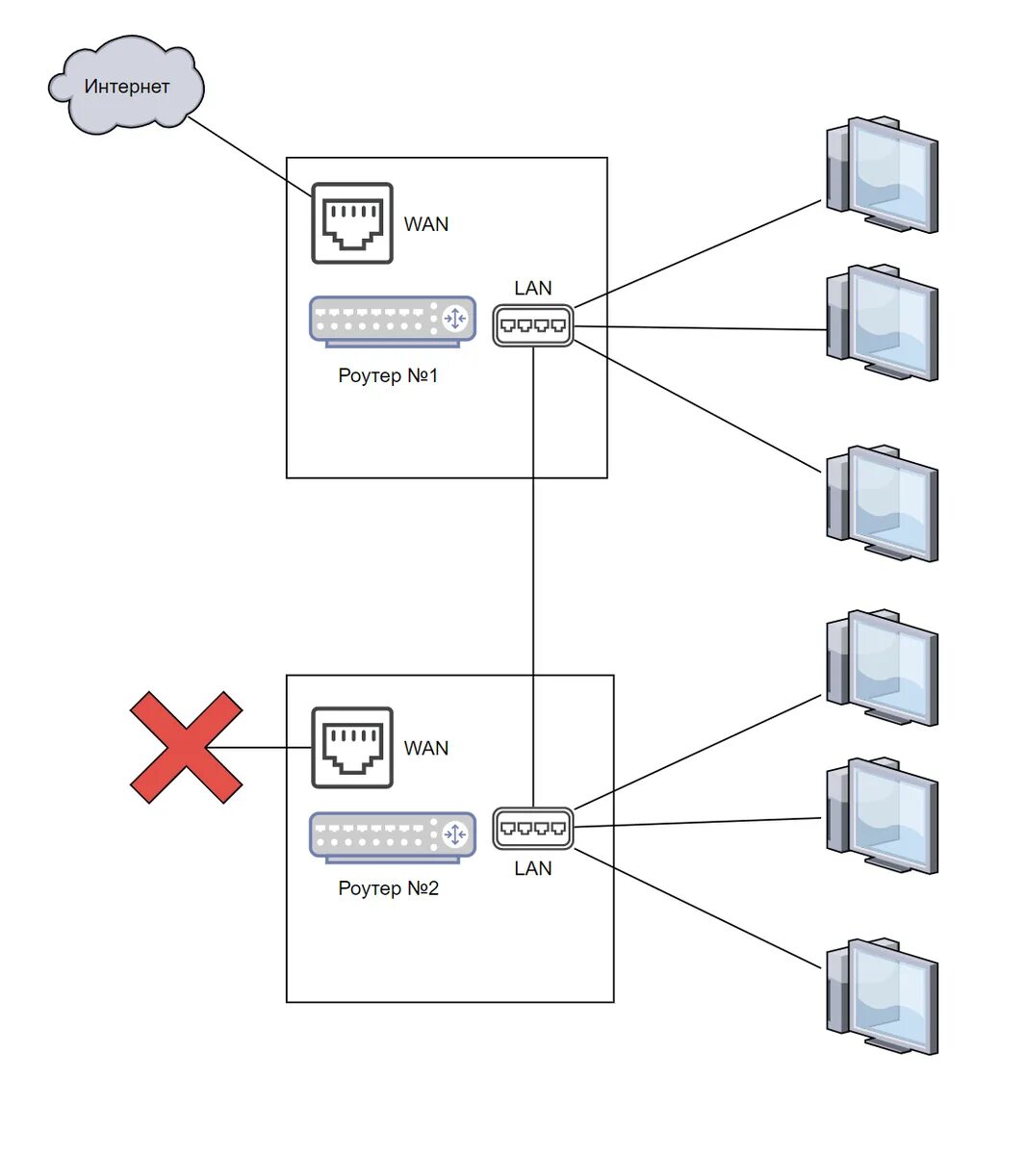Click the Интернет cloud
126,86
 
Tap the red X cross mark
187,748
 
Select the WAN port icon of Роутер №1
352,223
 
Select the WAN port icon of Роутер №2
352,748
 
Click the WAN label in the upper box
425,224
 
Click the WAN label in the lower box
425,748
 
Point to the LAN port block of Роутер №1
533,325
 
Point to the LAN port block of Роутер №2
533,829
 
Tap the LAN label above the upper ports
533,288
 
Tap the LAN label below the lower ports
533,868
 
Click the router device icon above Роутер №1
393,321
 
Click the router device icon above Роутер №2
393,837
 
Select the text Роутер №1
388,375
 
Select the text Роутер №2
388,888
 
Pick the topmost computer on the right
883,174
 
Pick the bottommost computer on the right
883,996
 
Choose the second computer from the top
883,322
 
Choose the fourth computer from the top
883,667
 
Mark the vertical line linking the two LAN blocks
533,577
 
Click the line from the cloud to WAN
249,157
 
